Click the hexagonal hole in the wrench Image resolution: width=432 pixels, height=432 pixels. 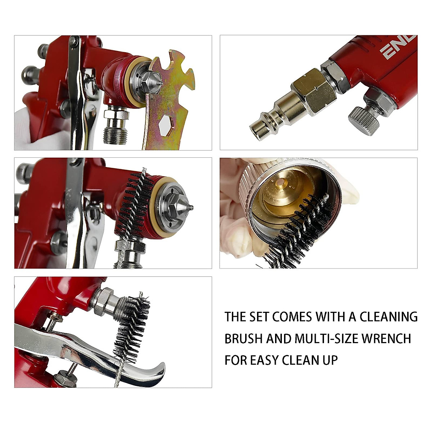point(166,126)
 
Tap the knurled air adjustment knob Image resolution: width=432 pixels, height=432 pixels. point(364,121)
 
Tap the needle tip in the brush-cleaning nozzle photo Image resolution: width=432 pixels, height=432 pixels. point(191,207)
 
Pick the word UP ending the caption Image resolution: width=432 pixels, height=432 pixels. point(329,360)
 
